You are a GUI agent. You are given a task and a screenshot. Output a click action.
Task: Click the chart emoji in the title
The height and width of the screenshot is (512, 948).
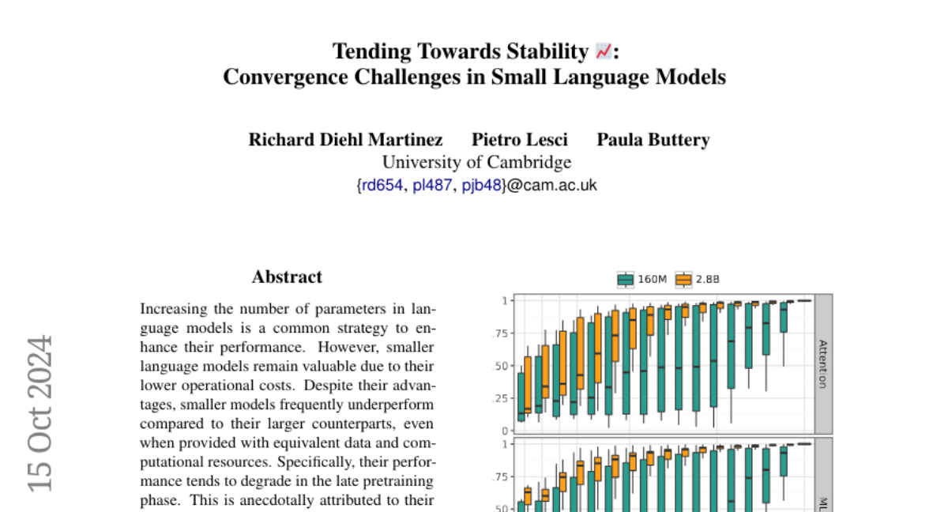pos(603,52)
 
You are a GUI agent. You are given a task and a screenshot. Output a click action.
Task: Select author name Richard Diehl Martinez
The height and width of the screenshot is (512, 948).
pos(345,140)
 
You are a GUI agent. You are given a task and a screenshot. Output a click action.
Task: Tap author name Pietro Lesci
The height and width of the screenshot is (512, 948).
pos(520,140)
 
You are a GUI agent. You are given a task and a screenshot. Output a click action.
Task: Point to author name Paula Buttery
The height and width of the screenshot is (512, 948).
pos(653,140)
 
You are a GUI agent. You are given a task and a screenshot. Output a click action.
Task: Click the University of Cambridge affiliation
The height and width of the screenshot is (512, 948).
pos(476,163)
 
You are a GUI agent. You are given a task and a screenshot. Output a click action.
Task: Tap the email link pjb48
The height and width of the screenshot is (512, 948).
pos(482,186)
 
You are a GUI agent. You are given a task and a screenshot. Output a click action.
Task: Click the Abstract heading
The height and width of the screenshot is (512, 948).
pos(287,277)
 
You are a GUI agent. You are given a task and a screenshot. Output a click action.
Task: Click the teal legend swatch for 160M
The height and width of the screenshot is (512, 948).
pos(626,279)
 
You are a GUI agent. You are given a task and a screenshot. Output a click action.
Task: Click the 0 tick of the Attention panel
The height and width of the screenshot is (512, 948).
pos(503,431)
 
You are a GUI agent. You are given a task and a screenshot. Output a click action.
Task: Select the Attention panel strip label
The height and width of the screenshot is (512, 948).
pos(823,363)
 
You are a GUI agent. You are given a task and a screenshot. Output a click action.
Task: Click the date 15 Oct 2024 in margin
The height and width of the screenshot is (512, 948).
pos(40,412)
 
